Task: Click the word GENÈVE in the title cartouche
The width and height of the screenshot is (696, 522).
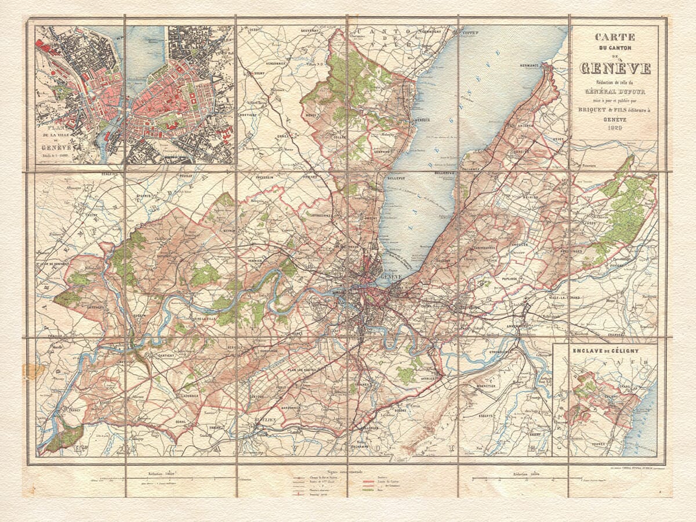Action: coord(615,68)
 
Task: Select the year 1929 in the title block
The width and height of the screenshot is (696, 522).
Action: coord(615,127)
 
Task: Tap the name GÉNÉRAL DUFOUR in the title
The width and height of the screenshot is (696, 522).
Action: coord(615,92)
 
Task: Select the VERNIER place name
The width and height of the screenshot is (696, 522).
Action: coord(253,260)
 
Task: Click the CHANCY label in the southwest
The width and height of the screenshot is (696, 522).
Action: coord(74,409)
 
